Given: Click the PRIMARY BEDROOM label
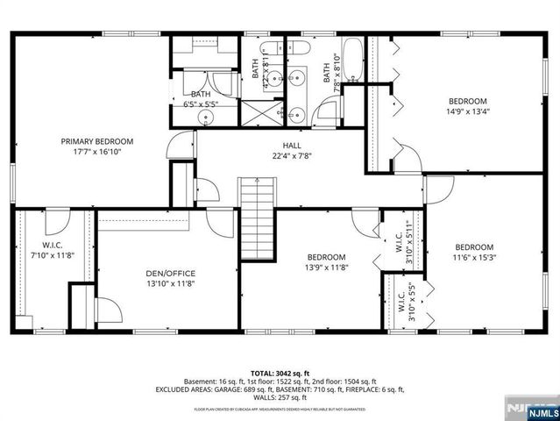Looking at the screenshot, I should pos(96,141).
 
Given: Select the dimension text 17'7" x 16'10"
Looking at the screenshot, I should pos(96,152).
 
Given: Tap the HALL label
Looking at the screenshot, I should pos(292,146).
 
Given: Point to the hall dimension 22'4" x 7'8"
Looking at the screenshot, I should pos(292,156).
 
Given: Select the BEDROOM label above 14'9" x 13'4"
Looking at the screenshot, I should pos(467,100).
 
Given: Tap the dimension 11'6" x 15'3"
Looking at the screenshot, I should pos(473,258).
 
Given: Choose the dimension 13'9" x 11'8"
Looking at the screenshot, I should pos(327,268).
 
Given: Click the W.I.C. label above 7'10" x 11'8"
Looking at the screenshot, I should pos(52,245).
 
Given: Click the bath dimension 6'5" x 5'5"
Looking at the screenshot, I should pos(201,104).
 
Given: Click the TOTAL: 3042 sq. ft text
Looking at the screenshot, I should pos(280,372).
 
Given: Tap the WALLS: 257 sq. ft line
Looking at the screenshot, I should pos(280,399).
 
